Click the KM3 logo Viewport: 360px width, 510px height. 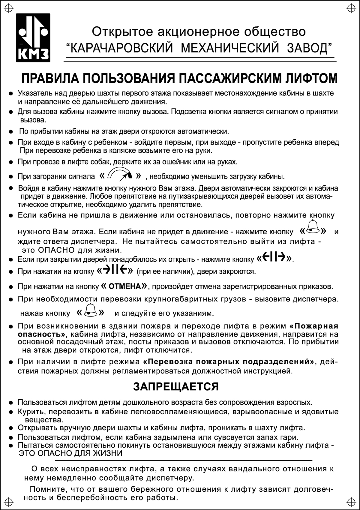coord(33,38)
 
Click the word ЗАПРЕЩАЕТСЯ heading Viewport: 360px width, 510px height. coord(176,387)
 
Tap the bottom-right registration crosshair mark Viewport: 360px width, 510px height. coord(351,501)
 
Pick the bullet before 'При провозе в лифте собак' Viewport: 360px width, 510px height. coord(11,162)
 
